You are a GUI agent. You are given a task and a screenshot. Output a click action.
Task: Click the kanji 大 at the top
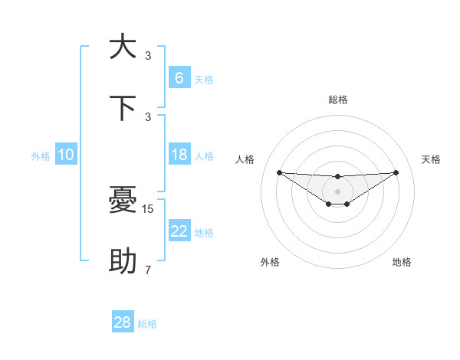pyautogui.click(x=123, y=47)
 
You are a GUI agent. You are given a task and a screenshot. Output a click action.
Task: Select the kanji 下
pyautogui.click(x=123, y=108)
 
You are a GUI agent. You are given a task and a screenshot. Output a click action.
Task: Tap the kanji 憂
pyautogui.click(x=123, y=201)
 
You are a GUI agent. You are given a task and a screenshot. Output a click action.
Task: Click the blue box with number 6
pyautogui.click(x=179, y=77)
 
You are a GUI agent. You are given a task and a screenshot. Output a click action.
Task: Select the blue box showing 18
pyautogui.click(x=179, y=155)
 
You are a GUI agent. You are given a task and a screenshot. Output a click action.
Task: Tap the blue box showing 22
pyautogui.click(x=179, y=231)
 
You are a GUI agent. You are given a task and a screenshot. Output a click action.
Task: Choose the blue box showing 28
pyautogui.click(x=123, y=322)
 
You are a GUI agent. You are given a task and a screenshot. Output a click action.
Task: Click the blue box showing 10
pyautogui.click(x=66, y=155)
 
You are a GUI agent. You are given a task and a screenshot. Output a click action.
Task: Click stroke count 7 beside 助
pyautogui.click(x=148, y=270)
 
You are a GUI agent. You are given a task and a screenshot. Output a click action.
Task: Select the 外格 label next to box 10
pyautogui.click(x=41, y=156)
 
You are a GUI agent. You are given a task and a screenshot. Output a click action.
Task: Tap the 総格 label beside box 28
pyautogui.click(x=147, y=324)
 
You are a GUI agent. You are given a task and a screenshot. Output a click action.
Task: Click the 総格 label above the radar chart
pyautogui.click(x=337, y=100)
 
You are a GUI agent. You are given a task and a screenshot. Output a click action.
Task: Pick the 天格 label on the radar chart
pyautogui.click(x=432, y=159)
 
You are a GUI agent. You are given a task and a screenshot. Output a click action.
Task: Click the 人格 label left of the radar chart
pyautogui.click(x=245, y=159)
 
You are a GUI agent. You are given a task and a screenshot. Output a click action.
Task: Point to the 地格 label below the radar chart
pyautogui.click(x=402, y=262)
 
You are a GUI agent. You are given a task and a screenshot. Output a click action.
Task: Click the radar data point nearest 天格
pyautogui.click(x=396, y=172)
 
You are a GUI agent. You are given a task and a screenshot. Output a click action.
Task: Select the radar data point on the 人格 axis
pyautogui.click(x=279, y=172)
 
